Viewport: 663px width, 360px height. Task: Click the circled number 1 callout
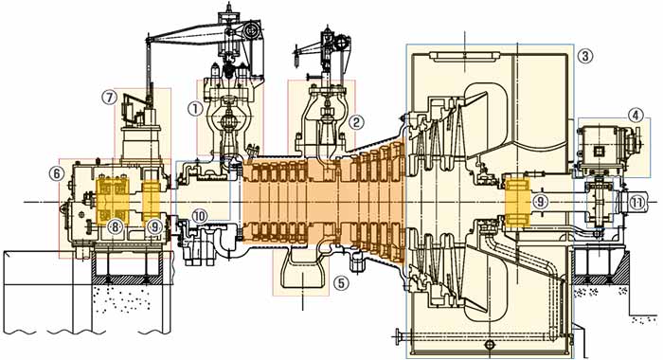(195, 109)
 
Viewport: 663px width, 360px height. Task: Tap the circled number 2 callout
(356, 122)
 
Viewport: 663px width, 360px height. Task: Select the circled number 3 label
(585, 55)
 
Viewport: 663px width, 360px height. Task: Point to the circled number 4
(636, 115)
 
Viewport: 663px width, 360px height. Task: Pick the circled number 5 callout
(341, 283)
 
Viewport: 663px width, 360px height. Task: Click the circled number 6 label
(56, 172)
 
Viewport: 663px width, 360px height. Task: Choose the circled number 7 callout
(110, 98)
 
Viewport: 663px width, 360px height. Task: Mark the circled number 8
(114, 226)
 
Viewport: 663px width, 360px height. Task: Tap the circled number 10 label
(199, 217)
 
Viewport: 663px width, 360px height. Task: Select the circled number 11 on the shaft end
(637, 203)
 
